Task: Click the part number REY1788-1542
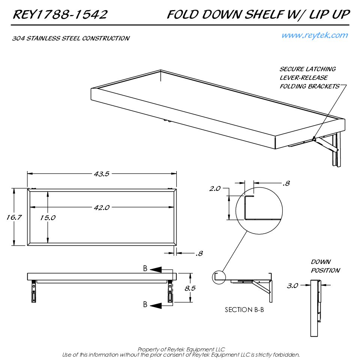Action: [60, 15]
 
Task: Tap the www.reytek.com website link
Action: [315, 35]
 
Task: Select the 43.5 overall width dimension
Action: [102, 174]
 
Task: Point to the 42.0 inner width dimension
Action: [102, 207]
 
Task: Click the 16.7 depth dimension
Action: [14, 217]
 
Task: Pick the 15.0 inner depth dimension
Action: [48, 217]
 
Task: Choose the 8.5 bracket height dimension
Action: [190, 288]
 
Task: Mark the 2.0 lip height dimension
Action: [215, 189]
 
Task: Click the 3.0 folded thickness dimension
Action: [292, 286]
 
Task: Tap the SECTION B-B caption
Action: [244, 310]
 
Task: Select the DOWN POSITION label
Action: [325, 266]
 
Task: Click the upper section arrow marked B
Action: [156, 270]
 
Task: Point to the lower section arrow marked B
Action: [156, 305]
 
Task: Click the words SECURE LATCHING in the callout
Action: [307, 69]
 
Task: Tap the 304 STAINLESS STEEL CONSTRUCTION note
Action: [71, 38]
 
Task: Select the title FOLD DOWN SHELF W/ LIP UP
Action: [258, 15]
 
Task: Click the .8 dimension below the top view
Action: [199, 253]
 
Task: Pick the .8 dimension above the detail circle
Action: [286, 183]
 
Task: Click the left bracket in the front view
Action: [34, 291]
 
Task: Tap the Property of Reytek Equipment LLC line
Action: [181, 349]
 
